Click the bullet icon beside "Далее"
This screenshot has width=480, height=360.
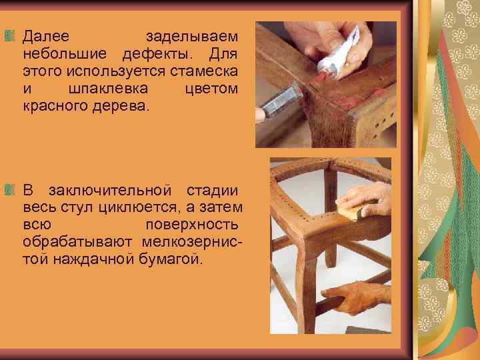9,33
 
